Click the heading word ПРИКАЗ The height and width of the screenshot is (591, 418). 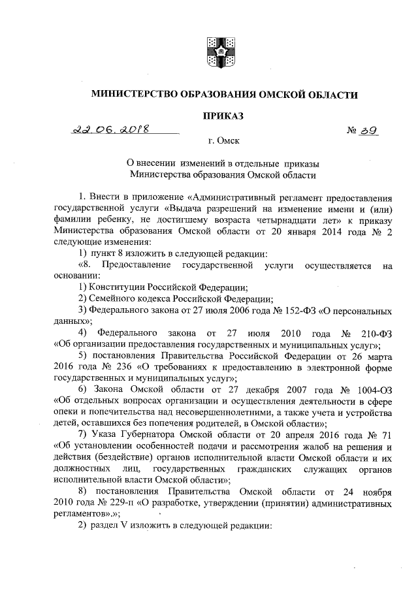tap(222, 116)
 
